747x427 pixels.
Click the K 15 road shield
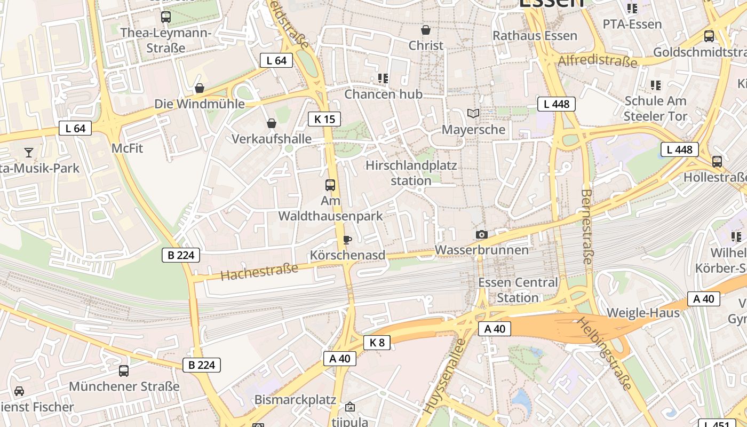(x=324, y=119)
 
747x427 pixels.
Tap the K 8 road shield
(x=377, y=343)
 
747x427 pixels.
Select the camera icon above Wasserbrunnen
(x=481, y=234)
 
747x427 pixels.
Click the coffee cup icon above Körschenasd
(x=347, y=240)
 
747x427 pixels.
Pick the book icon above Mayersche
(x=473, y=113)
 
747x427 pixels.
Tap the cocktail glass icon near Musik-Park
(x=29, y=153)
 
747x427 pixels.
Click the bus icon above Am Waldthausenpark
(x=330, y=185)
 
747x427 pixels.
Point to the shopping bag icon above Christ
(x=426, y=30)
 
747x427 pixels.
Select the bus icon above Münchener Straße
(x=124, y=370)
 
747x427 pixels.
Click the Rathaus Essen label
(x=535, y=36)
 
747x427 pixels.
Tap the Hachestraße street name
(x=259, y=272)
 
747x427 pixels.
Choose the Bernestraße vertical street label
(x=586, y=226)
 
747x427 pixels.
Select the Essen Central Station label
(x=518, y=290)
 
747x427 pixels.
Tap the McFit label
(x=128, y=148)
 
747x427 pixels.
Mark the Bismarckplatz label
(x=295, y=400)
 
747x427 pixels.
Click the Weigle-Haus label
(x=643, y=313)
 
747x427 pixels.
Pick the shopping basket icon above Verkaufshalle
(x=272, y=124)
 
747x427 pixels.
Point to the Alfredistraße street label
(x=597, y=60)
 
